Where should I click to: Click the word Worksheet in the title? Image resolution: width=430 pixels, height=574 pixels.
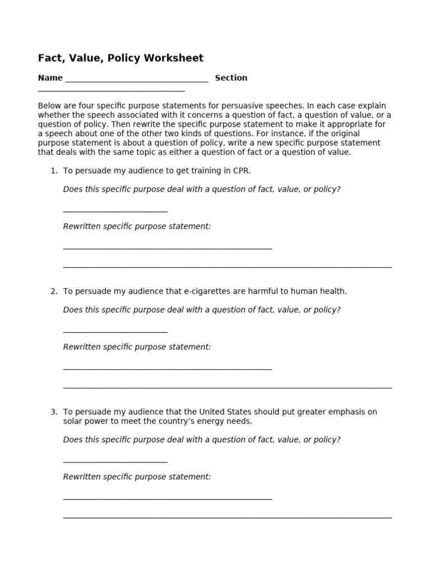(x=176, y=58)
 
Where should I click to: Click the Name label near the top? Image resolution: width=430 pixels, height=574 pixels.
(x=50, y=78)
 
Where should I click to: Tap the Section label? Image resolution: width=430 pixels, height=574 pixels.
(x=231, y=78)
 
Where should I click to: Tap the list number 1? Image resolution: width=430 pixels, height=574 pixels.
(x=54, y=171)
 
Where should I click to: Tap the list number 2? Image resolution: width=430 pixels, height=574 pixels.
(x=54, y=291)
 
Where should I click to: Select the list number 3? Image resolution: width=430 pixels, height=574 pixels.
(x=54, y=412)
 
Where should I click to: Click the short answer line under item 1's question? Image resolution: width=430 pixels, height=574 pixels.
(x=115, y=211)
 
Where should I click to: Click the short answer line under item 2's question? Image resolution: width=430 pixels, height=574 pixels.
(x=115, y=332)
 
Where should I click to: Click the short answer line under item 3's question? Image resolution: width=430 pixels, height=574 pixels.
(x=115, y=462)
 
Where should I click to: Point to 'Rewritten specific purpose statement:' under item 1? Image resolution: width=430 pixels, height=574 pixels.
(x=137, y=226)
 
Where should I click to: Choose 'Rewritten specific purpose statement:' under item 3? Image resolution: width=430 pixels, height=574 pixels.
(x=137, y=477)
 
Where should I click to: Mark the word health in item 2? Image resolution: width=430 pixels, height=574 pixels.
(x=333, y=291)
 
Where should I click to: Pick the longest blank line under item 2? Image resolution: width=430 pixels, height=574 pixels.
(x=227, y=387)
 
